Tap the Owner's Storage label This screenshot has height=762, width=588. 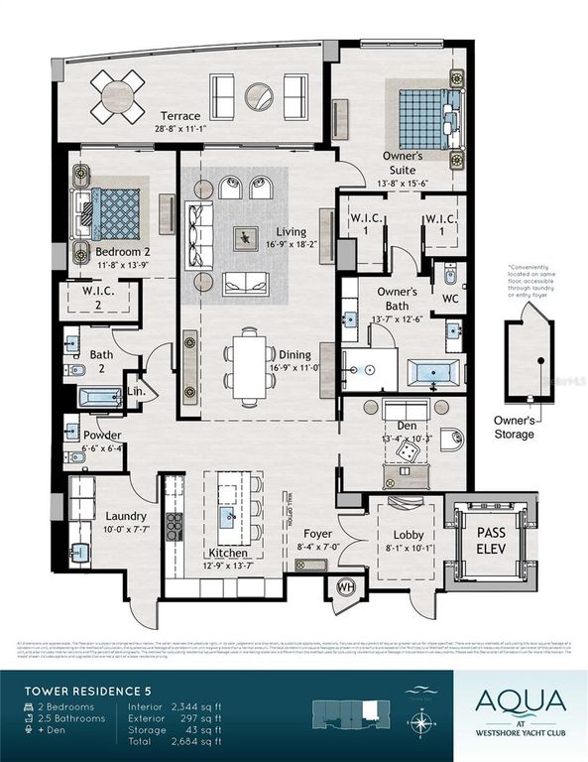516,427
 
